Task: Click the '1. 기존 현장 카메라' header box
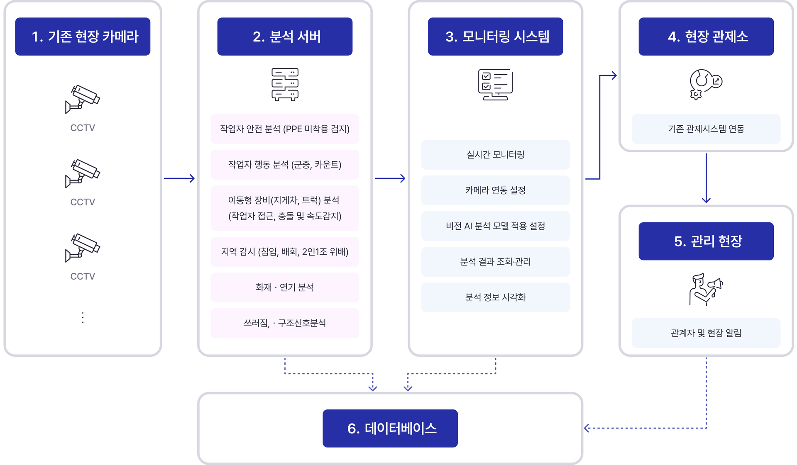click(x=83, y=37)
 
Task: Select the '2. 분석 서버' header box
click(x=285, y=37)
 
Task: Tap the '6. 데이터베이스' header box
click(x=390, y=428)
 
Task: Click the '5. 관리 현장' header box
click(x=706, y=241)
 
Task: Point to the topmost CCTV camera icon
click(x=82, y=99)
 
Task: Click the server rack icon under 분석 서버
click(x=285, y=85)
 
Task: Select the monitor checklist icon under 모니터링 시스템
click(x=495, y=85)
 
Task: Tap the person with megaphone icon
click(x=706, y=289)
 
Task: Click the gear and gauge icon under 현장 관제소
click(x=706, y=84)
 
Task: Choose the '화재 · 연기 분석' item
click(x=285, y=287)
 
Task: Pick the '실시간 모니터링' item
click(x=495, y=154)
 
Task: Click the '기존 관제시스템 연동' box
click(x=706, y=129)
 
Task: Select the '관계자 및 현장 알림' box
click(x=706, y=333)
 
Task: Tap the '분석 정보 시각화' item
click(x=495, y=297)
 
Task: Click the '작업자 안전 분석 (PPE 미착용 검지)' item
click(x=285, y=129)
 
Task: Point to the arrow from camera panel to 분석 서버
click(x=179, y=178)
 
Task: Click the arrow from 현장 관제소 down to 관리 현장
click(x=706, y=178)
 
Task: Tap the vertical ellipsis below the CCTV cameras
click(x=83, y=317)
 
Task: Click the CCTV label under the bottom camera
click(x=83, y=276)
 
